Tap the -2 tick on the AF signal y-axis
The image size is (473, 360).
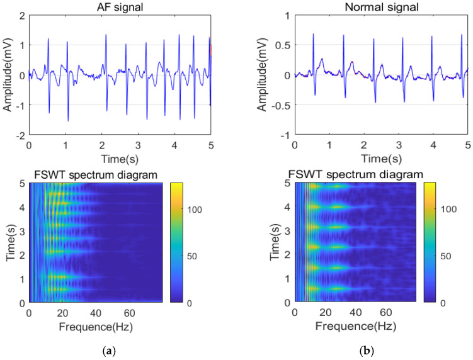coord(20,135)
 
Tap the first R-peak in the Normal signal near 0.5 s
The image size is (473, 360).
coord(313,34)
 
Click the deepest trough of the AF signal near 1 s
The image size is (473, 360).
coord(68,120)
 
